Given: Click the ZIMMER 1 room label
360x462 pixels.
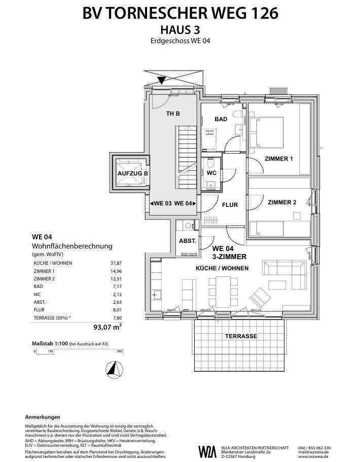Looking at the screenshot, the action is (x=278, y=159).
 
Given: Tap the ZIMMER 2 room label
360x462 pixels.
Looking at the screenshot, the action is (x=281, y=202).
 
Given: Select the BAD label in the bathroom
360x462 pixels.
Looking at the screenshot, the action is (x=221, y=119).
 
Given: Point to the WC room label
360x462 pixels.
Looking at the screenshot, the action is (x=212, y=173).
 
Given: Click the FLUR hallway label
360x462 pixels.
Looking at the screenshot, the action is (x=230, y=205).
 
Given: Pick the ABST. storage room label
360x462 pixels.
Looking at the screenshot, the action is (x=187, y=241).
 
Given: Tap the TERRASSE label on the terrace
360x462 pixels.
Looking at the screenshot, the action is (x=241, y=336).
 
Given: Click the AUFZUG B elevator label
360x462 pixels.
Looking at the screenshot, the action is (x=132, y=173).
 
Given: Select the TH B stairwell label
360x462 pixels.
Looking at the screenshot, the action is (x=173, y=114).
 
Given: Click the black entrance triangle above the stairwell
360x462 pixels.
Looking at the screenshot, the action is (x=162, y=80).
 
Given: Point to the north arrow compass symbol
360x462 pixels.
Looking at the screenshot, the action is (x=115, y=369).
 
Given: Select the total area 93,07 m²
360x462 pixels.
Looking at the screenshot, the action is (x=107, y=327).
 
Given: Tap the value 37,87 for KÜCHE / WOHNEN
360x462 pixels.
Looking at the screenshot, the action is (x=116, y=264).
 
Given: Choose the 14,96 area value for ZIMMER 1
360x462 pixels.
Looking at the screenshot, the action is (x=116, y=271).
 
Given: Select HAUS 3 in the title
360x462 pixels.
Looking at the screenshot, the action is (x=180, y=30).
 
